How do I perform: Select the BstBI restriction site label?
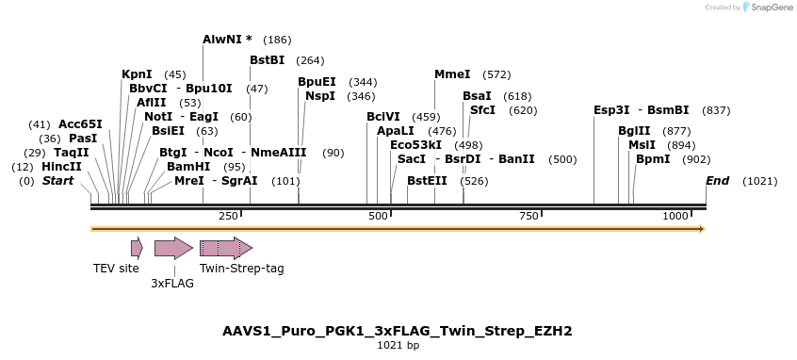pos(267,60)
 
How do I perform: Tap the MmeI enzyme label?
pos(452,74)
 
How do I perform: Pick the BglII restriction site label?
pos(634,131)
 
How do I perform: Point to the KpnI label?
pos(137,74)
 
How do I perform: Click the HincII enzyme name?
pos(61,167)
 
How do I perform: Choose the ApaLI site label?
pos(396,131)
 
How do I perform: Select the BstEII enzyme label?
pos(427,180)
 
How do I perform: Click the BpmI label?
pos(653,159)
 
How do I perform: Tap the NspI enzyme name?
pos(320,96)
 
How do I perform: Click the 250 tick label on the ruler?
pos(229,216)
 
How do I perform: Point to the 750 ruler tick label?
pos(529,216)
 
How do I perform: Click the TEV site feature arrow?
pos(137,248)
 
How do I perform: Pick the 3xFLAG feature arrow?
pos(173,248)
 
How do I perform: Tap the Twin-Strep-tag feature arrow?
pos(226,248)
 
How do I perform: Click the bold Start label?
pos(57,180)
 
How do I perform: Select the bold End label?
pos(718,180)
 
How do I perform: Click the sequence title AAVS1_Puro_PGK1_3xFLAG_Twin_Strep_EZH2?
pos(398,331)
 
